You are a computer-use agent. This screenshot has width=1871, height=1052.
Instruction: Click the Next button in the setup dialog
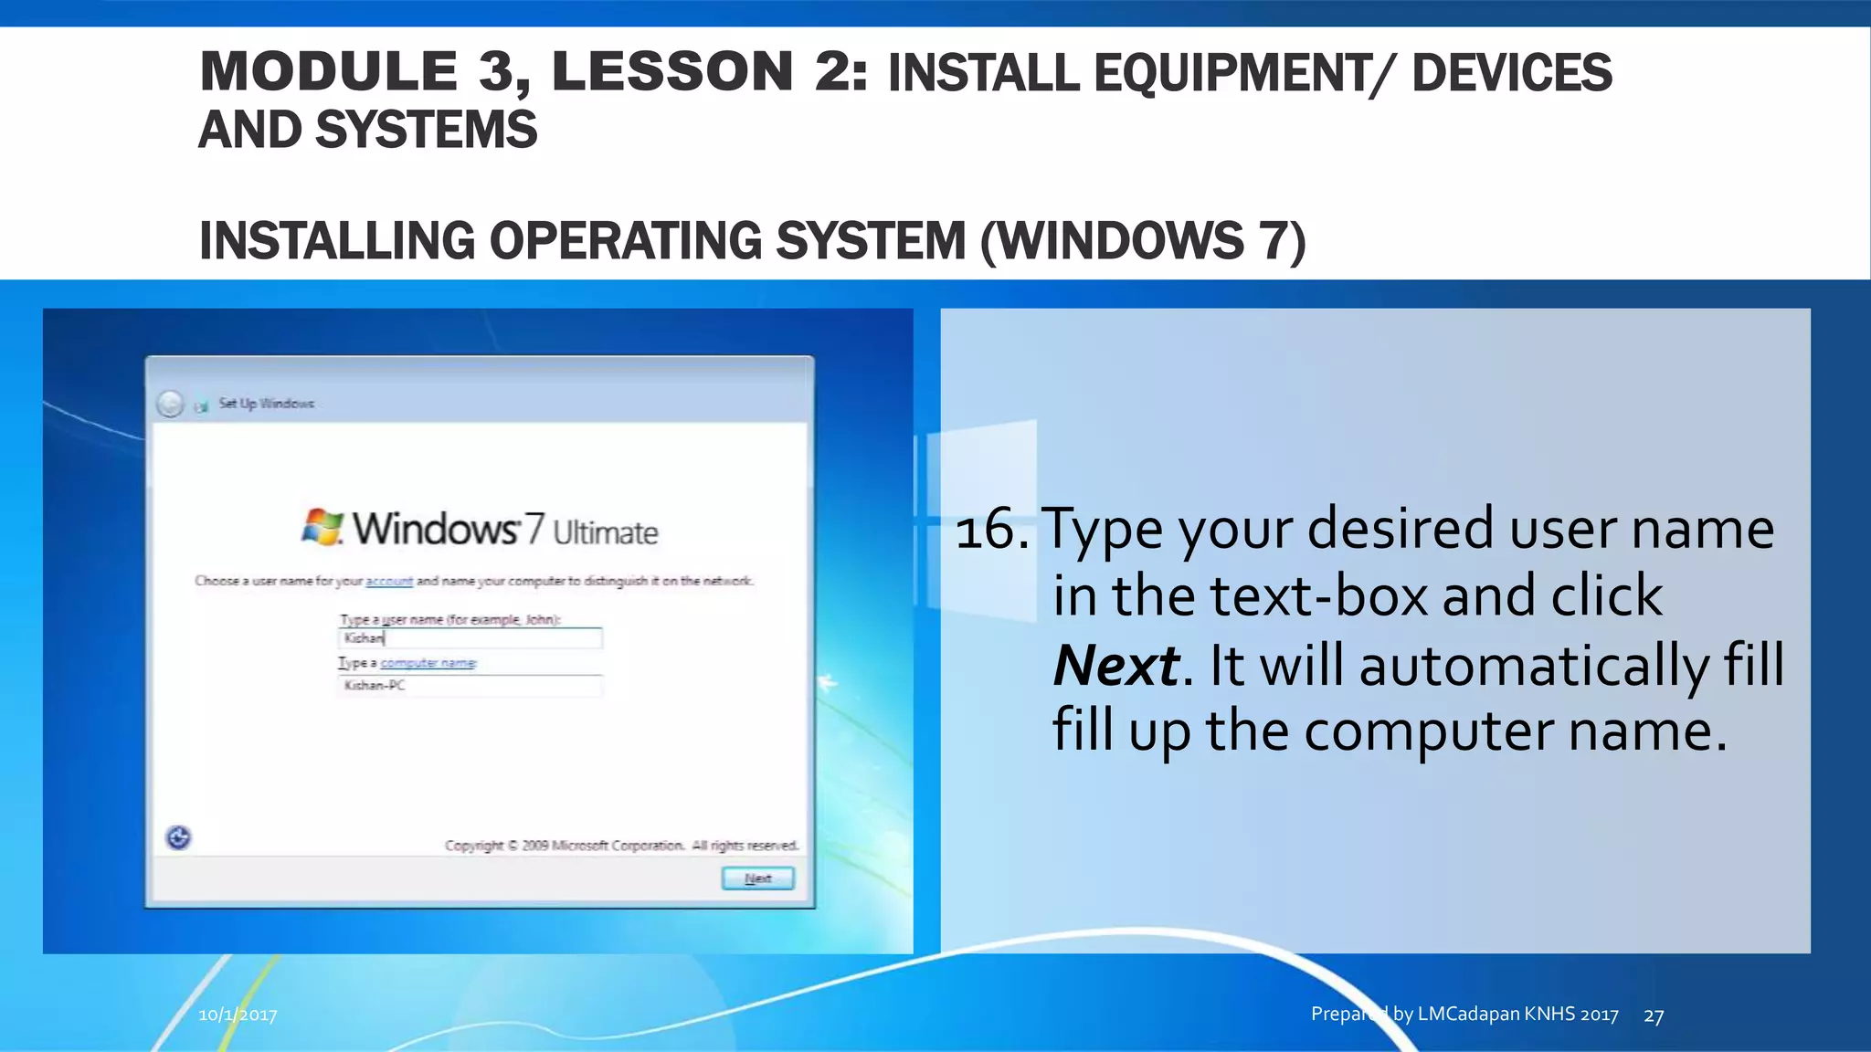click(x=757, y=878)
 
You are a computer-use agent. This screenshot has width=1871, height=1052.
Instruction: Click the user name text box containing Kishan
click(x=470, y=638)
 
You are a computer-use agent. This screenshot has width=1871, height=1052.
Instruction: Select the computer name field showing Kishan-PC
click(x=470, y=686)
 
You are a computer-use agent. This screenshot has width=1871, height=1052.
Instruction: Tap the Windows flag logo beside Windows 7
click(x=322, y=528)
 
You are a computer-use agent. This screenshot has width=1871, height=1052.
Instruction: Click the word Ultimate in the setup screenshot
click(x=605, y=532)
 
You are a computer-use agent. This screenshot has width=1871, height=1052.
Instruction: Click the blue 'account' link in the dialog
click(x=389, y=581)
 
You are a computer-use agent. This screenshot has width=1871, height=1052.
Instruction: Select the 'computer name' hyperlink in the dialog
click(x=428, y=663)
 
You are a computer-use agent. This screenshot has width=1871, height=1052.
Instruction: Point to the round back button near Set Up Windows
click(x=170, y=404)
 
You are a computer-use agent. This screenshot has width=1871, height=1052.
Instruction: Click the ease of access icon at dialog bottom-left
click(x=179, y=837)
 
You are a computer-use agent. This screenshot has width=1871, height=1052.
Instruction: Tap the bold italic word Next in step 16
click(x=1115, y=665)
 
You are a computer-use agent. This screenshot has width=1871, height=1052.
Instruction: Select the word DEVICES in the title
click(x=1512, y=73)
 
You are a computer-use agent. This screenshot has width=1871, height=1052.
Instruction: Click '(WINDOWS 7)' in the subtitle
click(x=1143, y=241)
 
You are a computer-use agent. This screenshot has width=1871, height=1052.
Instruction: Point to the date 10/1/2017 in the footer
click(x=238, y=1015)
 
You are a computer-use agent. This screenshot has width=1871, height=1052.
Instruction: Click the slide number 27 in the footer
click(x=1654, y=1015)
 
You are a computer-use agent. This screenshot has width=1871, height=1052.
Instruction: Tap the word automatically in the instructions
click(x=1534, y=665)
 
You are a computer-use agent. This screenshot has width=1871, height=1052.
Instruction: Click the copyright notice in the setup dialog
click(x=621, y=846)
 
